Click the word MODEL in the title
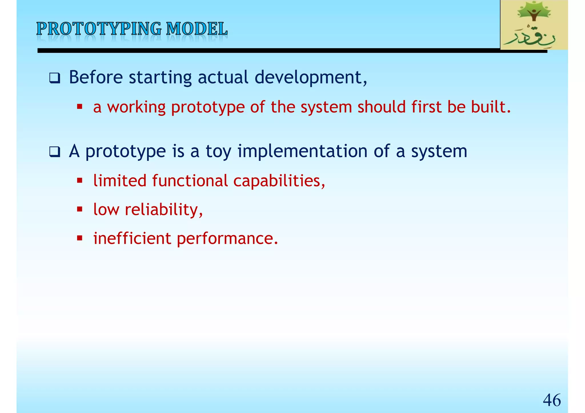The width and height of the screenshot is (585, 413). (x=197, y=29)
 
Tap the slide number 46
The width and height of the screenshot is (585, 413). (x=552, y=400)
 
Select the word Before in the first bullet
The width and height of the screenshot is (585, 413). (x=96, y=77)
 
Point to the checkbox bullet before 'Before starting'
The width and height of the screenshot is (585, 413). (x=55, y=78)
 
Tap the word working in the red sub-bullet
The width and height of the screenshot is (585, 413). (x=136, y=107)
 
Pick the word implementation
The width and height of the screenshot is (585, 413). (x=302, y=151)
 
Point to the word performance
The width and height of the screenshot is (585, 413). (x=227, y=239)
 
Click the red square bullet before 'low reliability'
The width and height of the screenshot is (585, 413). (x=80, y=209)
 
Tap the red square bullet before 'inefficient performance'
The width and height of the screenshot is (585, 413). (x=80, y=238)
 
